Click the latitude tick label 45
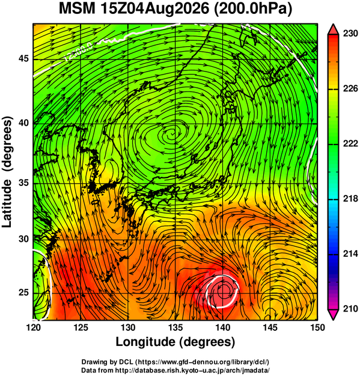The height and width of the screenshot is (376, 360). click(23, 58)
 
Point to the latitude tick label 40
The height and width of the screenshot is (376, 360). click(23, 123)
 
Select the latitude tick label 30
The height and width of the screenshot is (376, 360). click(23, 239)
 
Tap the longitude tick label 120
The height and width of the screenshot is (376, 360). click(33, 327)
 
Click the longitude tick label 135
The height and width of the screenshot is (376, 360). click(175, 327)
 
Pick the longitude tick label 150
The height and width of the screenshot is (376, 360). click(317, 327)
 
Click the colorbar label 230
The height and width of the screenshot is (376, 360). click(350, 34)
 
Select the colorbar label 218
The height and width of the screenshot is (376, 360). click(350, 199)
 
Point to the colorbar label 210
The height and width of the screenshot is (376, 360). click(350, 309)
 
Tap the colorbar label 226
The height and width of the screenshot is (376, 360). click(350, 89)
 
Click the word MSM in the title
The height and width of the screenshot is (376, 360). click(77, 9)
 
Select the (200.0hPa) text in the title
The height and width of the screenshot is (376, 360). click(252, 10)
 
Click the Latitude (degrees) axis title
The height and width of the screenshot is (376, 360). click(7, 171)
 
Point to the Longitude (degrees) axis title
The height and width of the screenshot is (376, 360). click(175, 342)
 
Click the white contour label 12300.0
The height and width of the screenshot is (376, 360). click(79, 52)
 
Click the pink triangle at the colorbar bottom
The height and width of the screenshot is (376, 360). click(333, 315)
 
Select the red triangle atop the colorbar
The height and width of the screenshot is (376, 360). click(333, 29)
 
